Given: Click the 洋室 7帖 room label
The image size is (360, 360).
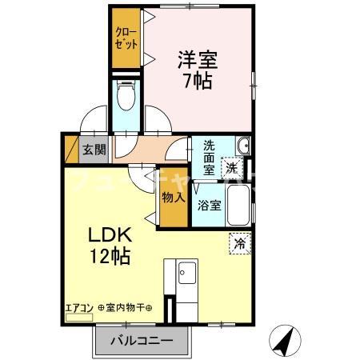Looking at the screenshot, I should coord(197,70).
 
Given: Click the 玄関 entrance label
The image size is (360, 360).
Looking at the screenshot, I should coord(94,149).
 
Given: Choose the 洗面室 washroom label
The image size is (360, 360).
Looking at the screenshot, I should coord(210,157).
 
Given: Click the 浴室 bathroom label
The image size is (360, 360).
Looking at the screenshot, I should coord(210,205).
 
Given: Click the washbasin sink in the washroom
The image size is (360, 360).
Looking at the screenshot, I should coord(243,146).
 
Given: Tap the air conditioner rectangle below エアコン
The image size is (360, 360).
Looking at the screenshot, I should coord(78,317).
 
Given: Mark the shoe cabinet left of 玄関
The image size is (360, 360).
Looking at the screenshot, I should coord(70,149).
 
